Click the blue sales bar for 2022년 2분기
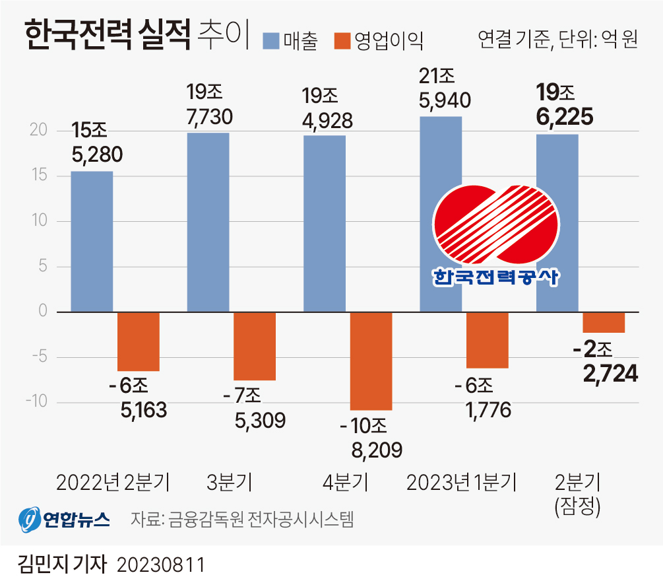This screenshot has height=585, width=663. click(x=92, y=241)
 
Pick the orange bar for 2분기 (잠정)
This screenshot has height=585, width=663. click(x=604, y=322)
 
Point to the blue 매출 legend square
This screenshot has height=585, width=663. click(x=271, y=40)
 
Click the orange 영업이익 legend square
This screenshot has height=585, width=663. click(x=342, y=40)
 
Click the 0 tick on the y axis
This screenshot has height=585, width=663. click(x=43, y=311)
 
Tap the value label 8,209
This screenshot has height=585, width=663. click(x=377, y=450)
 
